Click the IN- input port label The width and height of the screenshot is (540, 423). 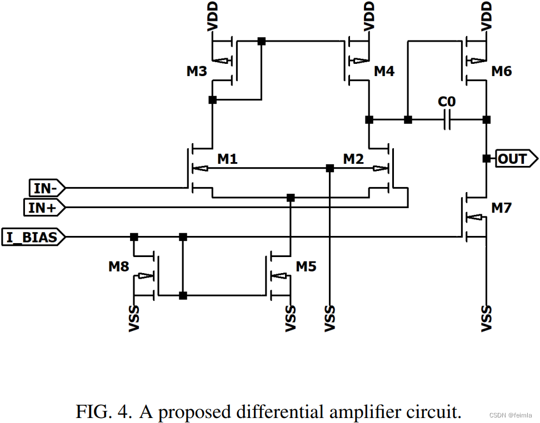pos(45,188)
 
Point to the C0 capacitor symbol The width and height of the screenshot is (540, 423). pos(447,119)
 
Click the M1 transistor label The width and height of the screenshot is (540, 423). pos(227,159)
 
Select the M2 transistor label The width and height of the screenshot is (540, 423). pos(353,159)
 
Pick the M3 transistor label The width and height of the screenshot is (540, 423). pos(197,72)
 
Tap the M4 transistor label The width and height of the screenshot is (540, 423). pos(384,72)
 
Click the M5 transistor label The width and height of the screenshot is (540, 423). pos(306,266)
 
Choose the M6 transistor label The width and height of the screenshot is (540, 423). pos(502,72)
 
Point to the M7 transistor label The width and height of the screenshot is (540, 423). pos(502,208)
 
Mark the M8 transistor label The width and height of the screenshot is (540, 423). pos(119,266)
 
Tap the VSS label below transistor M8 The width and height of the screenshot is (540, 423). pos(134,319)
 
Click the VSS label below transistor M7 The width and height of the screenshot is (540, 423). pos(487,319)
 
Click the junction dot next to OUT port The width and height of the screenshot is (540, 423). pos(487,159)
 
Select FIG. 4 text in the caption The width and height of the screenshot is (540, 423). pos(104,412)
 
